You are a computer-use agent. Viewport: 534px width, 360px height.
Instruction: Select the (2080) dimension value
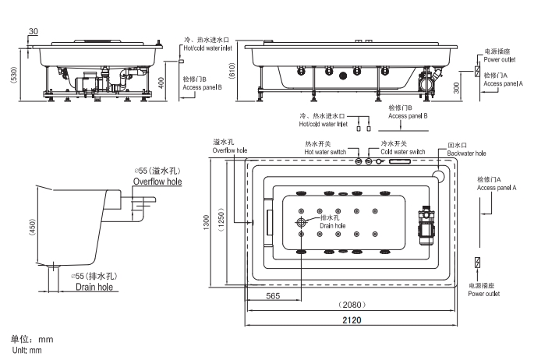[x=352, y=305]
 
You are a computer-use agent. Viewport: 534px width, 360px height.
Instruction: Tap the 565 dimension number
[x=273, y=295]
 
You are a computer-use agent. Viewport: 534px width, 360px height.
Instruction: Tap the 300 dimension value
[x=458, y=86]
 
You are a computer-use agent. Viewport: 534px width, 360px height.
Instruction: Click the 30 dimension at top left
[x=32, y=31]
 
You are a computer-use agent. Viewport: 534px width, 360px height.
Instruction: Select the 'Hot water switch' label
[x=325, y=152]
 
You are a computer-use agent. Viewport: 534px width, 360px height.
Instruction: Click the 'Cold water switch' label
[x=402, y=152]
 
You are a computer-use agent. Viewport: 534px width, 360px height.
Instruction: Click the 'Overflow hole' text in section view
[x=157, y=181]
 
